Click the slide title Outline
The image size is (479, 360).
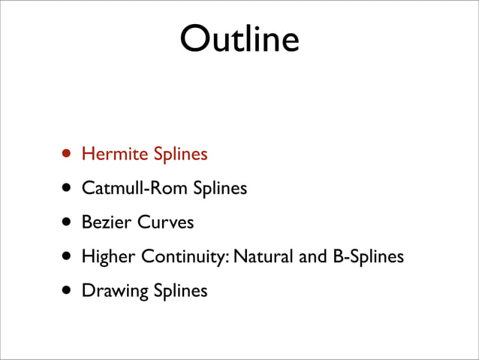click(x=239, y=38)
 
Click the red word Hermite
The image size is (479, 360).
click(x=115, y=154)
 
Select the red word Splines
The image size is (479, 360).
click(x=180, y=155)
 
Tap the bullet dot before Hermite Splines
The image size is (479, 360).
click(x=68, y=154)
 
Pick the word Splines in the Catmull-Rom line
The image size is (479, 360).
click(x=220, y=189)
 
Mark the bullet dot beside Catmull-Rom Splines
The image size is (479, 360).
click(x=68, y=188)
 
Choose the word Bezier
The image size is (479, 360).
click(x=104, y=222)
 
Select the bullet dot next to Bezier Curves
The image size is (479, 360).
click(x=68, y=222)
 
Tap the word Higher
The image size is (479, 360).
click(x=106, y=257)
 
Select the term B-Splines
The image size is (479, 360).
click(x=368, y=257)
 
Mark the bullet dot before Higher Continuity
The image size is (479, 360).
click(x=68, y=256)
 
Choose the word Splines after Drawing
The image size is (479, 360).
click(x=180, y=291)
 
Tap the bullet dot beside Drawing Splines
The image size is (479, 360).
click(x=68, y=290)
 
